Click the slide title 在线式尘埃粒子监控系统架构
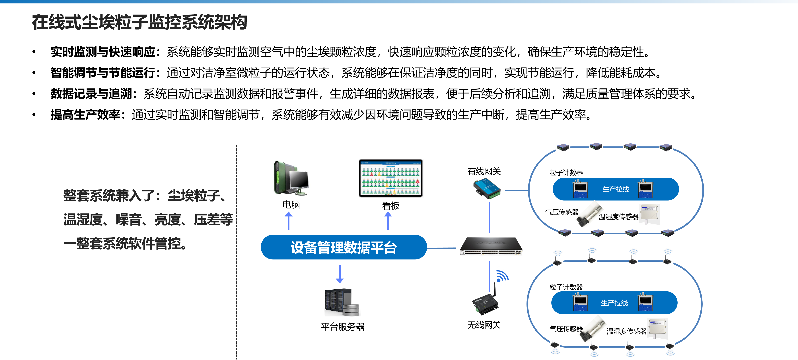point(139,22)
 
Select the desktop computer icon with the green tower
point(291,177)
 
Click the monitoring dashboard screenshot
point(391,178)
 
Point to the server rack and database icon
point(342,302)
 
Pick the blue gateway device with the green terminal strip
point(487,187)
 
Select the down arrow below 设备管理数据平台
point(340,274)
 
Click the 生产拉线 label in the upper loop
point(616,189)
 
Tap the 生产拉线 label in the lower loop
point(614,303)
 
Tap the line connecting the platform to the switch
point(441,248)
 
